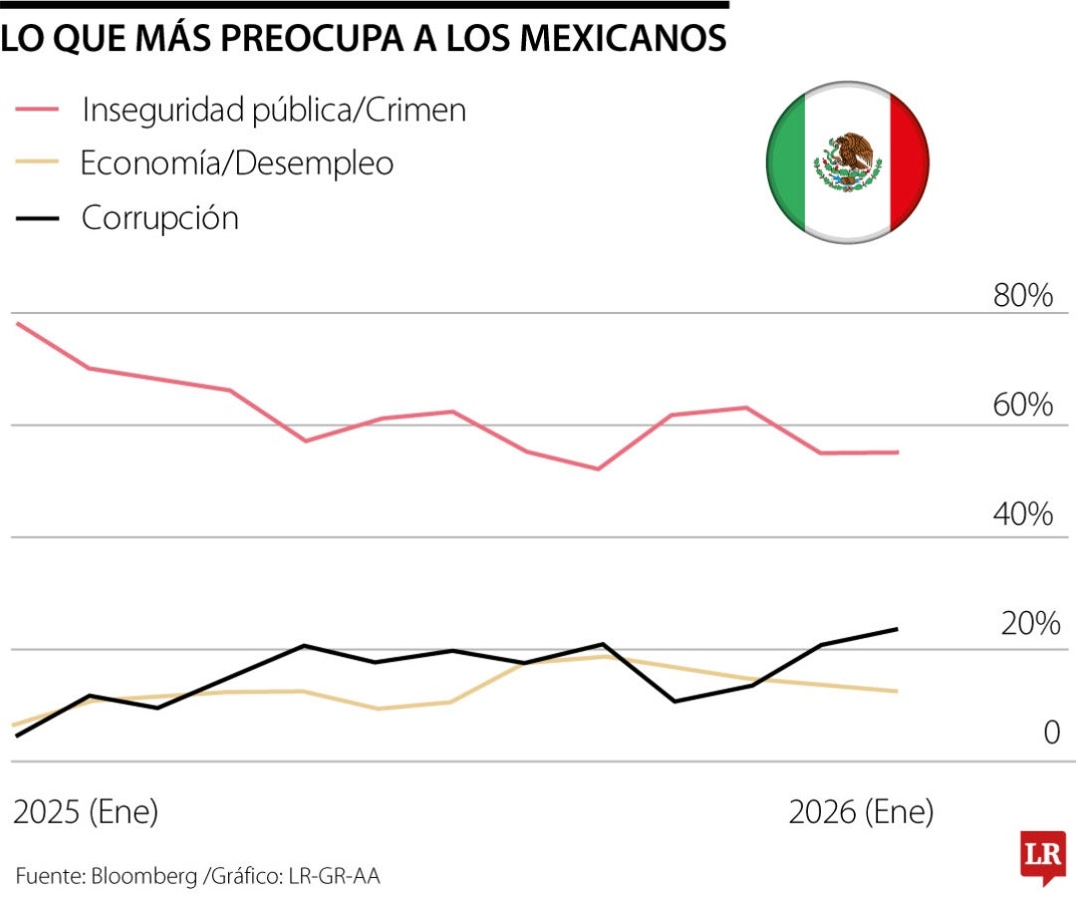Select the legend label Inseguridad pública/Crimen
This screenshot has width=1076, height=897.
(x=273, y=110)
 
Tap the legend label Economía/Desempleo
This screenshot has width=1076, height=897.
(x=237, y=163)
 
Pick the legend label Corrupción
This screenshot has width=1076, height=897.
(x=159, y=217)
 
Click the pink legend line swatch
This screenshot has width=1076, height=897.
(x=37, y=110)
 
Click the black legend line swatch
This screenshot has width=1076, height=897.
(x=37, y=217)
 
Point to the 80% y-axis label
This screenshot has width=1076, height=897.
(x=1022, y=296)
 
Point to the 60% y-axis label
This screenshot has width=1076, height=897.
(x=1022, y=406)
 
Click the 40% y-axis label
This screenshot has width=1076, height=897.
(x=1022, y=515)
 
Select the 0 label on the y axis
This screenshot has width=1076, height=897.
(x=1051, y=734)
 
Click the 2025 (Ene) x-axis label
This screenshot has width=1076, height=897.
(x=86, y=812)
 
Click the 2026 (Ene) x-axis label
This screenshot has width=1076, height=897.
(x=861, y=812)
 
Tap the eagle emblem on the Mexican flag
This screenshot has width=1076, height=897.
(x=848, y=161)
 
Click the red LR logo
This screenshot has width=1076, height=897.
(x=1042, y=855)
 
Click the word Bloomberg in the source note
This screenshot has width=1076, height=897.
(x=144, y=876)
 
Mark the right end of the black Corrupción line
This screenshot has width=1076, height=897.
(x=898, y=629)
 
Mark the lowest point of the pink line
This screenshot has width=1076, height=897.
(x=598, y=468)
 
